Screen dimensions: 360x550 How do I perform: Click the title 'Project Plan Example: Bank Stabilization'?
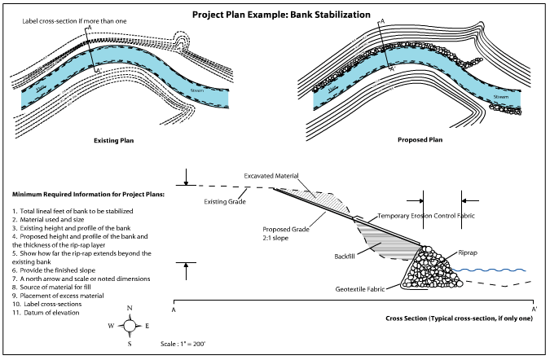point(275,15)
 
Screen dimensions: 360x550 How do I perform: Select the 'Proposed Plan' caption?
point(420,140)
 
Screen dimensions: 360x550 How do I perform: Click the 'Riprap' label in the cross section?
point(469,253)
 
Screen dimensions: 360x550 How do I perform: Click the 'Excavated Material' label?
point(271,176)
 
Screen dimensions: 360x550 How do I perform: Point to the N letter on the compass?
point(129,309)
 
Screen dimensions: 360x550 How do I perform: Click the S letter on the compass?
point(129,344)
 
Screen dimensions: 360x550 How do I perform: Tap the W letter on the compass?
point(110,326)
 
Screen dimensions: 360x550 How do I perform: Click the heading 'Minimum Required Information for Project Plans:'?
point(88,195)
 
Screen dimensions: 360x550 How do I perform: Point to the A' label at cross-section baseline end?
point(535,310)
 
